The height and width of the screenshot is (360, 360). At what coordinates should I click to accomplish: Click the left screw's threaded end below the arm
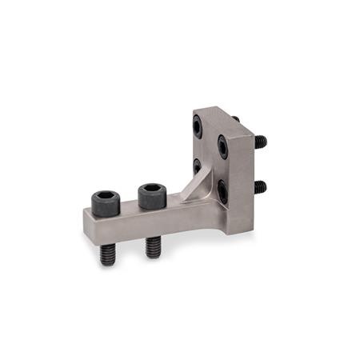(x=107, y=254)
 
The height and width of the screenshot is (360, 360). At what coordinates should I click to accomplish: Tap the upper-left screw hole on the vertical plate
(x=197, y=126)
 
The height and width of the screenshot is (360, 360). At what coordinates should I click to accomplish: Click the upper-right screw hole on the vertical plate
(x=223, y=145)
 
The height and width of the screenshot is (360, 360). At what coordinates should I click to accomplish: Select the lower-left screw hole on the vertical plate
(x=197, y=166)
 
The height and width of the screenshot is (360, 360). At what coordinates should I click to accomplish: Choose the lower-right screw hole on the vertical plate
(x=222, y=190)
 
